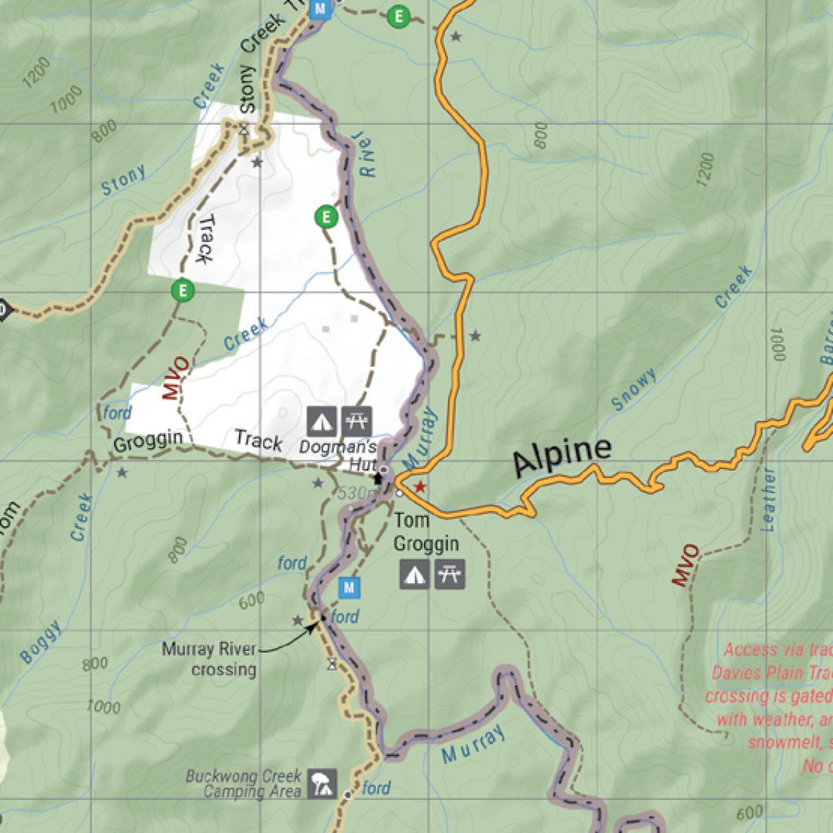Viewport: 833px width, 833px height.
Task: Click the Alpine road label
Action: [x=562, y=457]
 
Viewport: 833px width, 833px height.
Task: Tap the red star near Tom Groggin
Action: [x=420, y=487]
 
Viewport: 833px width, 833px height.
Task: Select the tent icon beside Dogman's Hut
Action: [x=322, y=421]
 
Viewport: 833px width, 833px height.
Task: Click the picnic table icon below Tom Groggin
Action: [x=450, y=575]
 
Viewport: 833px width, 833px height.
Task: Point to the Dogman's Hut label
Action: [x=338, y=455]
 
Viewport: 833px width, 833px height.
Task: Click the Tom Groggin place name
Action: [x=426, y=533]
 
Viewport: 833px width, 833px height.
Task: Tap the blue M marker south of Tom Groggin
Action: [x=349, y=588]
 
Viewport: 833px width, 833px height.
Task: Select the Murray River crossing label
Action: [x=208, y=659]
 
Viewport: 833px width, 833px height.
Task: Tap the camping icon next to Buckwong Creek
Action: [x=322, y=784]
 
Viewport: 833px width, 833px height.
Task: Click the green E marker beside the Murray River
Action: [x=326, y=218]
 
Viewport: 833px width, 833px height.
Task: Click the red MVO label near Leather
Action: [x=685, y=565]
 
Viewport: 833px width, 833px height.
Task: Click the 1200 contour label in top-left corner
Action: [x=36, y=72]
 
